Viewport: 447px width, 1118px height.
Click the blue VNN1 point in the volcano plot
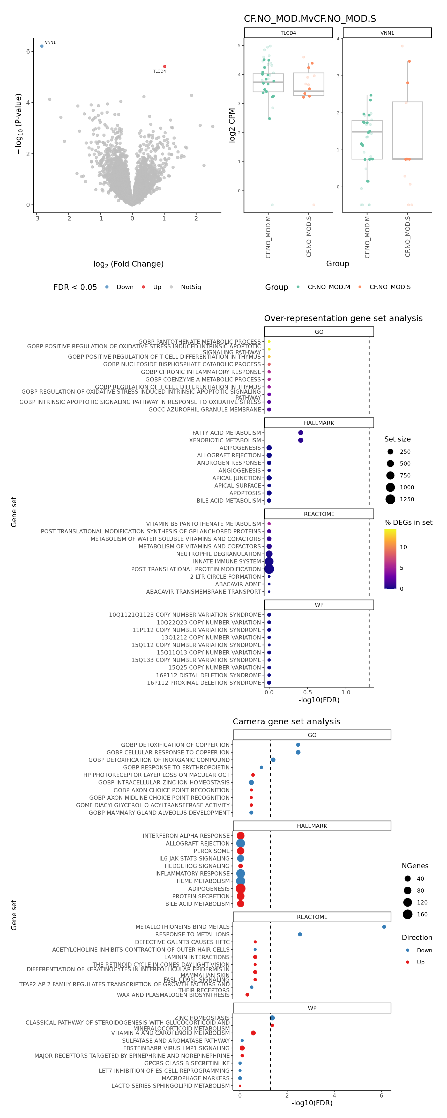click(42, 46)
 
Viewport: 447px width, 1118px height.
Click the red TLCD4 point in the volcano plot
click(165, 67)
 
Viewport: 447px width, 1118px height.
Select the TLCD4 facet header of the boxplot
click(288, 33)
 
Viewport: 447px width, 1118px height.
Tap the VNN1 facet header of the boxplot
click(387, 33)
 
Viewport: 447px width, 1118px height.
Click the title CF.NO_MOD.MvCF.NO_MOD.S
click(310, 19)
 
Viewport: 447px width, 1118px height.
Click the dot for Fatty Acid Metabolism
click(301, 433)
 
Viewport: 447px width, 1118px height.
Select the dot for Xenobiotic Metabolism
click(301, 440)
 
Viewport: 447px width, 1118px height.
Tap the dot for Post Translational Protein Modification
click(269, 569)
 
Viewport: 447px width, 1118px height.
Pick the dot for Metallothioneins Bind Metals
click(384, 926)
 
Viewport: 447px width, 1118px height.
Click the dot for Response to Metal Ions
click(300, 935)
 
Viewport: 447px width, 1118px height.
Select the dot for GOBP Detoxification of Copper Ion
click(298, 745)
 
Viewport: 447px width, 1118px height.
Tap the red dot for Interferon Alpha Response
click(240, 835)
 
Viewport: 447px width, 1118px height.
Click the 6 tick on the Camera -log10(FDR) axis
click(382, 1095)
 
